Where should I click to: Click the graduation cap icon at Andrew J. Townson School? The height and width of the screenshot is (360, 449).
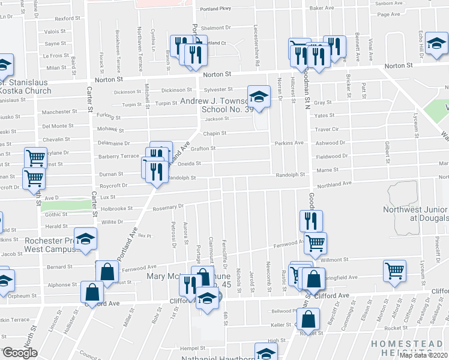pyautogui.click(x=258, y=96)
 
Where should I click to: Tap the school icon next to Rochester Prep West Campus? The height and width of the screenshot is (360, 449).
pyautogui.click(x=86, y=239)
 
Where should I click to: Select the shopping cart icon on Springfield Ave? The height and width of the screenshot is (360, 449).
pyautogui.click(x=394, y=271)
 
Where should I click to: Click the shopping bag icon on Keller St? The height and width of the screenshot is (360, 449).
pyautogui.click(x=308, y=320)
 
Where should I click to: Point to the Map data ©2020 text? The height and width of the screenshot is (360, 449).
pyautogui.click(x=423, y=355)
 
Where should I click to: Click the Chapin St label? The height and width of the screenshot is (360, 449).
pyautogui.click(x=214, y=134)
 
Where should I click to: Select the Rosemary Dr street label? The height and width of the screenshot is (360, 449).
pyautogui.click(x=167, y=208)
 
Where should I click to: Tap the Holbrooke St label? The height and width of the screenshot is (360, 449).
pyautogui.click(x=116, y=209)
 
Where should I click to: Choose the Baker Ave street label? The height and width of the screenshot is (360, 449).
pyautogui.click(x=321, y=8)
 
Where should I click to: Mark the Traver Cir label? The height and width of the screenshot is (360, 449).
pyautogui.click(x=327, y=129)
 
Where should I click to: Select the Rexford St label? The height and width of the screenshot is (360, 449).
pyautogui.click(x=68, y=19)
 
